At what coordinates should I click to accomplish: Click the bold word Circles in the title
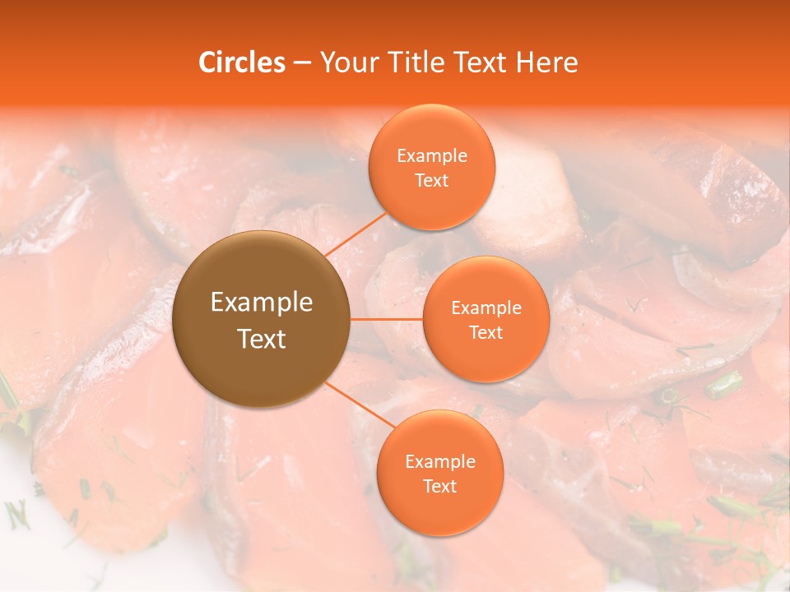pos(241,62)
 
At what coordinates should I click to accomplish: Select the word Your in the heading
pos(347,62)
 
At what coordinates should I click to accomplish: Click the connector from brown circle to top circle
pos(355,234)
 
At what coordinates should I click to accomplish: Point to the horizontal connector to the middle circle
pos(387,319)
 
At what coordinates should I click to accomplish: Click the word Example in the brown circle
pos(262,303)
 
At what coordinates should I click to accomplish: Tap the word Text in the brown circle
pos(262,339)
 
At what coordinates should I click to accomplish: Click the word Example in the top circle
pos(432,156)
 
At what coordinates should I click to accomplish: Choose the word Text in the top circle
pos(432,180)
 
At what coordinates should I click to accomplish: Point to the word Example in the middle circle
pos(486,308)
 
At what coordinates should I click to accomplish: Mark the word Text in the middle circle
pos(486,332)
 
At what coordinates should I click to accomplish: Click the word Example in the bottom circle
pos(440,462)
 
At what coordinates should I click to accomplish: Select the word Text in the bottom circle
pos(440,486)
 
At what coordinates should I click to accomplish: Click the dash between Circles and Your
pos(302,62)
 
